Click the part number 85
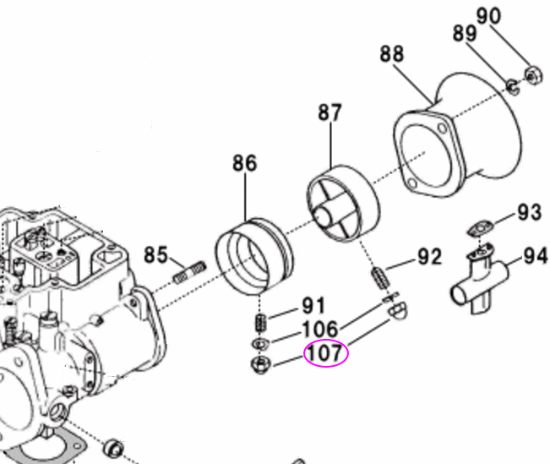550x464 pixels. coord(156,253)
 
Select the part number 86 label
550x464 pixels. coord(245,163)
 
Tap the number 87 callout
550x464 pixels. coord(330,112)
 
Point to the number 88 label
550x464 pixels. coord(392,55)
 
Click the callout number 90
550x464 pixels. coord(512,15)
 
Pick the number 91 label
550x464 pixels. coord(314,306)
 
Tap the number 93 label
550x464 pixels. coord(529,212)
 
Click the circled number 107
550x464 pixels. coord(325,353)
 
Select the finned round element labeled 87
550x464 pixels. coord(338,205)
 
